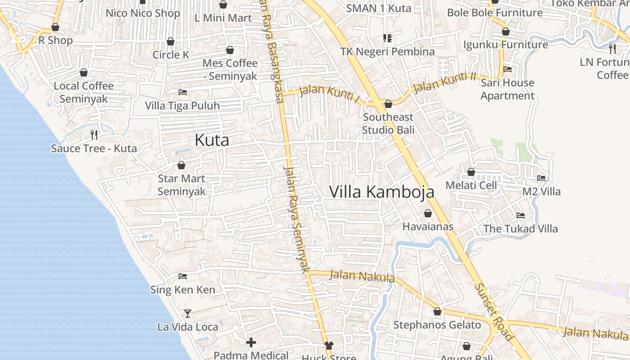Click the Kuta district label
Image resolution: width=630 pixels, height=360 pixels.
tap(211, 140)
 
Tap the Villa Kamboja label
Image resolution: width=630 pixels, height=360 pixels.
tap(382, 192)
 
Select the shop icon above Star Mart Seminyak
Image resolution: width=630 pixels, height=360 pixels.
tap(181, 166)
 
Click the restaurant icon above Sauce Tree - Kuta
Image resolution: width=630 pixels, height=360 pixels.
tap(94, 135)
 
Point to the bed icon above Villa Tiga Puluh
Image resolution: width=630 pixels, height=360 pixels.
tap(183, 92)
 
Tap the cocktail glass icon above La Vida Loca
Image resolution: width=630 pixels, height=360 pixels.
tap(188, 313)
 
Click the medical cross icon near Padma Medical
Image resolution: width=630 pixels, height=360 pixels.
tap(251, 343)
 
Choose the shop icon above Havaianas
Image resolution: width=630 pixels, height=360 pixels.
tap(428, 213)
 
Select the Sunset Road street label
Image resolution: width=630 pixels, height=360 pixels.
tap(494, 311)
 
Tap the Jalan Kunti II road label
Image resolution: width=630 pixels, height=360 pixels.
tap(444, 82)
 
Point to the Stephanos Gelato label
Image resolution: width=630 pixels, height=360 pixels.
tap(437, 325)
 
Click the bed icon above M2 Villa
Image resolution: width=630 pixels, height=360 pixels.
tap(541, 178)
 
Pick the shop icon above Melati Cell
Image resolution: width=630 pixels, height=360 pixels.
tap(471, 172)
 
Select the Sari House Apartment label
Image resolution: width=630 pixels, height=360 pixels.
tap(507, 89)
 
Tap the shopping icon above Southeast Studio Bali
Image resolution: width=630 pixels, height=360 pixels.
tap(388, 104)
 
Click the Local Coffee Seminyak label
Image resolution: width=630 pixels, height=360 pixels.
tap(84, 92)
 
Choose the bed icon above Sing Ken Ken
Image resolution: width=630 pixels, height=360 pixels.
tap(183, 276)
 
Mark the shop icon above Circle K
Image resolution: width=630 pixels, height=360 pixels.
tap(171, 42)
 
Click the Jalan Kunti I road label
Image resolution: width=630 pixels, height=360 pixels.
tap(329, 94)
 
